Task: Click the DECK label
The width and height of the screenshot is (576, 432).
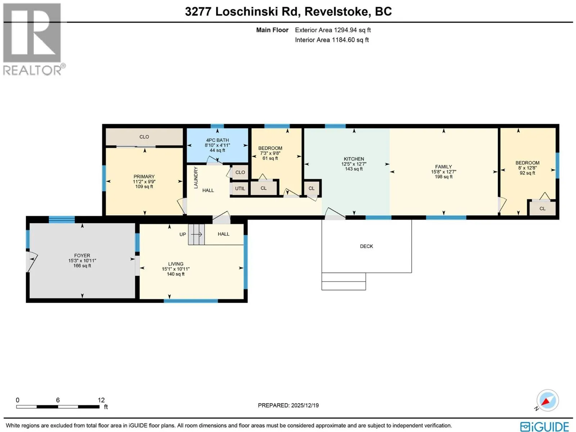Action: (x=366, y=246)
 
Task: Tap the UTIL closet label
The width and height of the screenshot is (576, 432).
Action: (x=240, y=189)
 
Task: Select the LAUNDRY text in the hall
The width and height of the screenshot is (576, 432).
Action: (x=196, y=177)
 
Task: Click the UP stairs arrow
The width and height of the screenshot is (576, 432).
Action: (x=197, y=234)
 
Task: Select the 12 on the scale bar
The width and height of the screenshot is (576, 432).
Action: (x=101, y=400)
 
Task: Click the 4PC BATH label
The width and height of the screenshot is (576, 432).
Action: (x=217, y=140)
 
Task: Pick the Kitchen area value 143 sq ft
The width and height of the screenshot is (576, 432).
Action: (x=354, y=169)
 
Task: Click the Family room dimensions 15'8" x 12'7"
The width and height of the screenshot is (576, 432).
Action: (x=444, y=172)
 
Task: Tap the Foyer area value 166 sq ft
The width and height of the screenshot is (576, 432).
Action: (x=82, y=266)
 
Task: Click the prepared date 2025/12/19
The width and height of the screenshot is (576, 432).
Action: (x=305, y=405)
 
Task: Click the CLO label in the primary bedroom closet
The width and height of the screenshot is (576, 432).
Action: (x=144, y=137)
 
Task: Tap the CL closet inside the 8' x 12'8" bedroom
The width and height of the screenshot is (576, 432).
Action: (x=543, y=209)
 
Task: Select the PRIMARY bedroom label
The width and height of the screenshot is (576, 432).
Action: (x=144, y=176)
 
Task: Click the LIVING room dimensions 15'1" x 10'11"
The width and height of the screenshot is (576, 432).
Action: (x=176, y=269)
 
